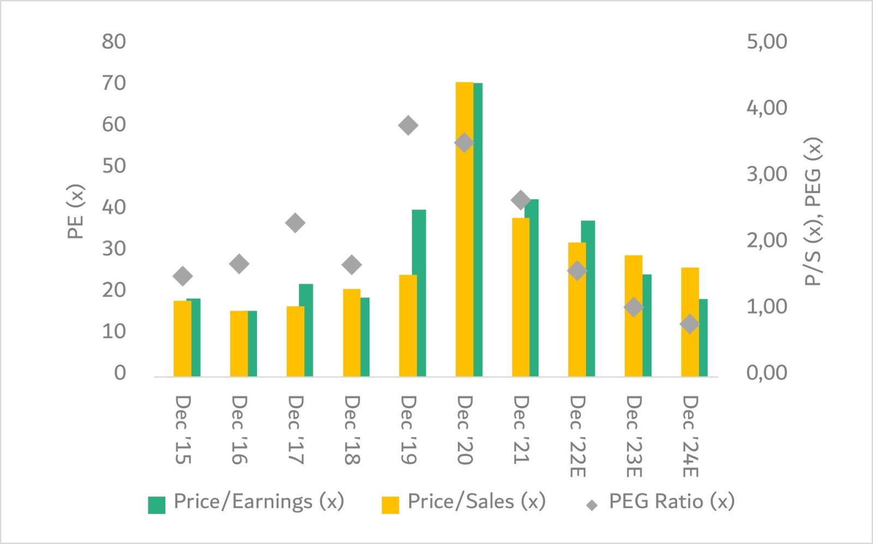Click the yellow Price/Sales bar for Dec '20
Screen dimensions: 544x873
(464, 229)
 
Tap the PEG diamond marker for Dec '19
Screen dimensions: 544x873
(408, 126)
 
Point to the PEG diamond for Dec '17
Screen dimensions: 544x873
(295, 223)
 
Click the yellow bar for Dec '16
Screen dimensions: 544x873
(238, 344)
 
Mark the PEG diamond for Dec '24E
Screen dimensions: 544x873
(690, 324)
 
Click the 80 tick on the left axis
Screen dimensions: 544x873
(113, 41)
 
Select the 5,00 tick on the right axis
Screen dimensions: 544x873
(767, 41)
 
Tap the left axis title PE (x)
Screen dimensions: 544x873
(75, 212)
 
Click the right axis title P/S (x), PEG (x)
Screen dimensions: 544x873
(813, 212)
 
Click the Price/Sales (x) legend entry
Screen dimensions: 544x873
(464, 501)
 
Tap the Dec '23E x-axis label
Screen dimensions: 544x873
(633, 436)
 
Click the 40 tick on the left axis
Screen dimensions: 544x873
(113, 207)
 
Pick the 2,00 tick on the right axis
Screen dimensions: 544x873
(767, 240)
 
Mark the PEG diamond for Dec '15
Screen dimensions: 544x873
(183, 276)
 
